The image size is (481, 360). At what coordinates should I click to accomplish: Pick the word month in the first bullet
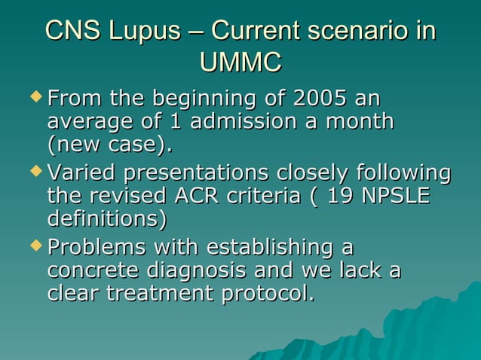(360, 121)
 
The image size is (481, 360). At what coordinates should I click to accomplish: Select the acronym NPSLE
(396, 196)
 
